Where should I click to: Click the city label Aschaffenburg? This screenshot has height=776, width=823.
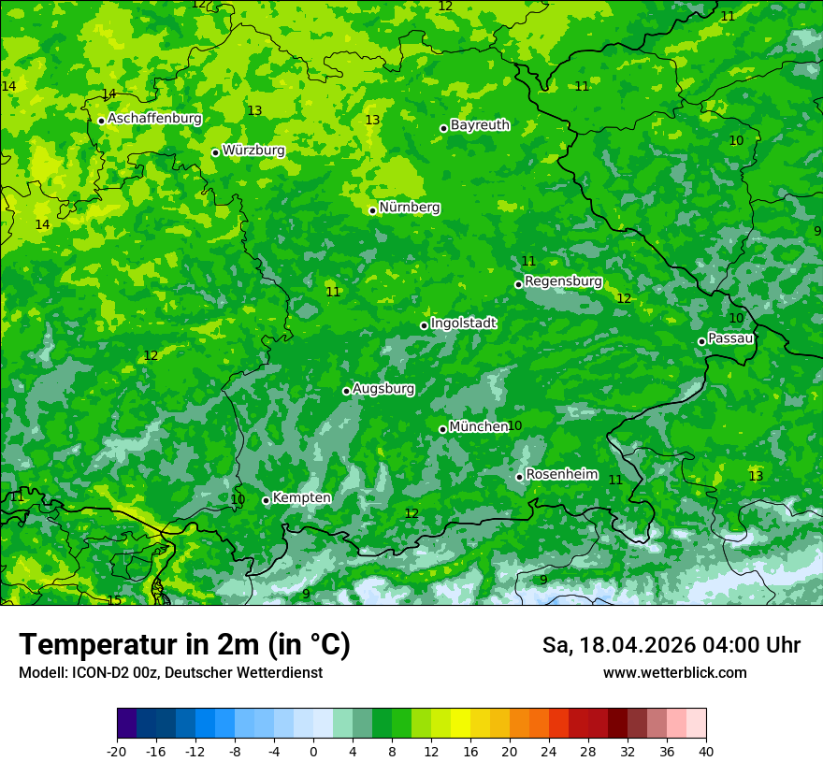tap(154, 119)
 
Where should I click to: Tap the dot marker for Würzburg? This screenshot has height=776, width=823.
tap(215, 152)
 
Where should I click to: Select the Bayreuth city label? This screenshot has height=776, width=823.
tap(480, 124)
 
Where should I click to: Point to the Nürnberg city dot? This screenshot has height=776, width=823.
tap(372, 210)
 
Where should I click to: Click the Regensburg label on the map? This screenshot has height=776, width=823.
tap(563, 280)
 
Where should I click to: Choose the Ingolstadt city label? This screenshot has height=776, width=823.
tap(463, 323)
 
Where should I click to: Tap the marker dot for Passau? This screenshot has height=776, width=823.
tap(701, 341)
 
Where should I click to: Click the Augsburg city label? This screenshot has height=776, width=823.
tap(383, 388)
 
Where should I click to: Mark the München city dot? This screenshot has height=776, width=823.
tap(442, 429)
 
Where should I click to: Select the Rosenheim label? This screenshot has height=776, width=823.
tap(561, 474)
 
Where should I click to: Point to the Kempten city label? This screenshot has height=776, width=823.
tap(301, 497)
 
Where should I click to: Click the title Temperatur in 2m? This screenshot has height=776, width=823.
tap(184, 644)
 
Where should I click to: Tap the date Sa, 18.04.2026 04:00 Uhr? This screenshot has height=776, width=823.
tap(671, 645)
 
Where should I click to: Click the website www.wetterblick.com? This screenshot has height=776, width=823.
tap(674, 672)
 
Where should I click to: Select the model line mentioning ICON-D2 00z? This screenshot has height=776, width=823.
tap(170, 672)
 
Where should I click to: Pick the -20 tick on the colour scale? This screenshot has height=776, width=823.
tap(117, 751)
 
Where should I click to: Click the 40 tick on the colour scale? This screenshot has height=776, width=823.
tap(705, 751)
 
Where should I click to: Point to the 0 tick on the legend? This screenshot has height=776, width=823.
tap(313, 751)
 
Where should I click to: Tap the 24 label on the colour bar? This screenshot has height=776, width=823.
tap(549, 751)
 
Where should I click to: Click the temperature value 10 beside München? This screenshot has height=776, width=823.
tap(514, 426)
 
